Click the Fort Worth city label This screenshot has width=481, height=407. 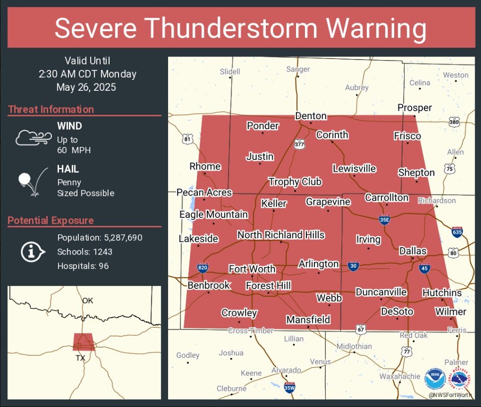pos(252,269)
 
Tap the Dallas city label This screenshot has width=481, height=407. pos(413,252)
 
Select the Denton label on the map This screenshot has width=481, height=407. pos(311,116)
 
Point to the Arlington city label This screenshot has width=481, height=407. pos(318,264)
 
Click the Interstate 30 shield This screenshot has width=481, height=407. pos(353,266)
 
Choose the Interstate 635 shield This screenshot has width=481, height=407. pos(458,231)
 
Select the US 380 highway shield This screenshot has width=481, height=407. pos(454,122)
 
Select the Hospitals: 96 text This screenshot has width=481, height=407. pos(83,266)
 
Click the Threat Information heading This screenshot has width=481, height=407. pos(51,110)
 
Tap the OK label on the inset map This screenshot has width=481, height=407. pos(88,301)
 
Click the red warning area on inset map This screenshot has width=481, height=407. pos(83,341)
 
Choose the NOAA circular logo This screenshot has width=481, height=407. pos(435,378)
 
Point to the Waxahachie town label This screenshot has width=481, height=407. pos(400,377)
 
